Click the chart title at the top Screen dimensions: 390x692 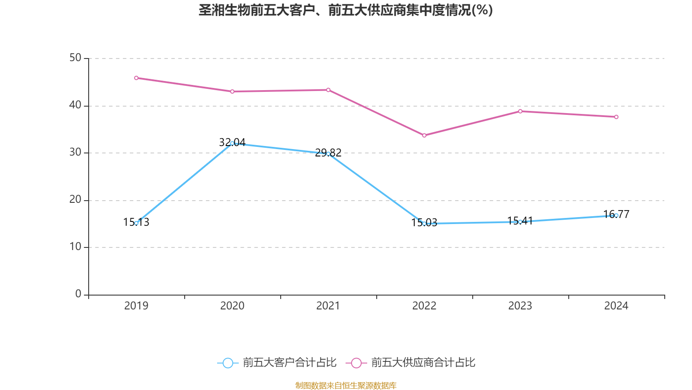tap(346, 10)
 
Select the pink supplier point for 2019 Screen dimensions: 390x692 tap(136, 78)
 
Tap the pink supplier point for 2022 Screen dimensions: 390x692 tap(424, 136)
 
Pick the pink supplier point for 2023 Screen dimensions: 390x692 tap(520, 111)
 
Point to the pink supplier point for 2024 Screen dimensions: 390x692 tap(616, 117)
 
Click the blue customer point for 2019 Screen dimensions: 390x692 tap(136, 223)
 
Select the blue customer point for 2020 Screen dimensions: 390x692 tap(232, 143)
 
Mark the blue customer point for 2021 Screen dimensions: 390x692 tap(328, 154)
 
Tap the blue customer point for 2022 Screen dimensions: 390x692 tap(424, 224)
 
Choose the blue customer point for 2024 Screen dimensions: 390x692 tap(616, 215)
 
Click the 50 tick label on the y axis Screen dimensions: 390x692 tap(75, 58)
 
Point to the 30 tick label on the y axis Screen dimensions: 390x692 tap(75, 153)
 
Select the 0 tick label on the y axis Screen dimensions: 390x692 tap(78, 294)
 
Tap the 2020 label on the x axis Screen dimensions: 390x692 tap(232, 306)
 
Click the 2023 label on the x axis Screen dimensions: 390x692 tap(520, 306)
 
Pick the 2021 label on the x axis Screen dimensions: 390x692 tap(328, 306)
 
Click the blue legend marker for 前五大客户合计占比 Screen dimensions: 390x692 tap(227, 363)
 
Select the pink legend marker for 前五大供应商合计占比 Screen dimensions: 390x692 tap(356, 363)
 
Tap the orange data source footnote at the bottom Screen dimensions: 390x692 tap(346, 385)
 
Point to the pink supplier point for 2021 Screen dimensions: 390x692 tap(328, 90)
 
